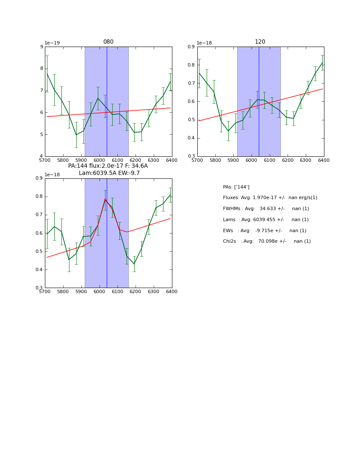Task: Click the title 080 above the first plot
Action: click(108, 42)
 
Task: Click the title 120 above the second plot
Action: click(260, 42)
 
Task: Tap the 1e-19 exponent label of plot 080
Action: click(52, 43)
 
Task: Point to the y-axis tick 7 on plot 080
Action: click(41, 91)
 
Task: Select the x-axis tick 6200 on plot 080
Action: click(136, 160)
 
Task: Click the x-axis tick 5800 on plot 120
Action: click(215, 160)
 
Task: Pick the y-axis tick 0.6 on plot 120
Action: click(191, 102)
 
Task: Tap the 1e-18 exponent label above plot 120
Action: click(204, 43)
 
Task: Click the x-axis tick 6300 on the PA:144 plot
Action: click(154, 291)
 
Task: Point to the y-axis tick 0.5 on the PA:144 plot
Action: click(39, 252)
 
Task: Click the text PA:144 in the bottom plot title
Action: click(78, 166)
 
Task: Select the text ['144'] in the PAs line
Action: click(242, 187)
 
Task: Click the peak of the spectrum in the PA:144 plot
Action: click(105, 199)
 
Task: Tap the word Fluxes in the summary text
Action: click(230, 198)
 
